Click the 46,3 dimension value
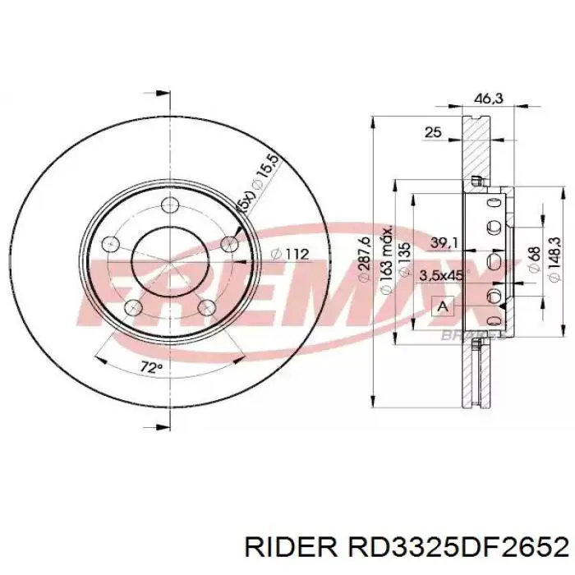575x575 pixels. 488,99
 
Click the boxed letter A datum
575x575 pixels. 444,307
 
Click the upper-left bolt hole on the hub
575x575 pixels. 112,243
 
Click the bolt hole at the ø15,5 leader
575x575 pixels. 229,241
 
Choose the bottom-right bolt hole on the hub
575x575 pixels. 208,306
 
